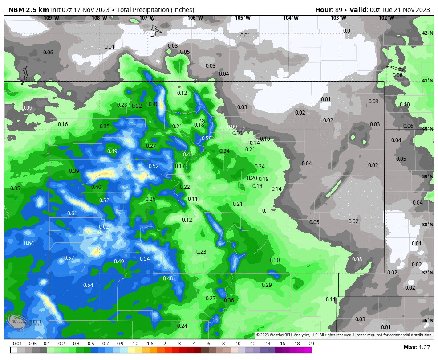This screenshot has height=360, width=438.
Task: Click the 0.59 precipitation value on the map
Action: [207, 139]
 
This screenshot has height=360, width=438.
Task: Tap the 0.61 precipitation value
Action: [72, 213]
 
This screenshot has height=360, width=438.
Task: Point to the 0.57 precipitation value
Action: [69, 258]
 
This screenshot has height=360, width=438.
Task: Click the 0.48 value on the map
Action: [168, 278]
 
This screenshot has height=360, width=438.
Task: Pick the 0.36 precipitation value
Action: [229, 300]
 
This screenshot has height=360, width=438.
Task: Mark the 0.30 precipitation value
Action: [275, 260]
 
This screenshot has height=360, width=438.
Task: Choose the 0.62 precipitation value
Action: [104, 227]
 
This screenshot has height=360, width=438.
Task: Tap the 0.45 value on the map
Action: [188, 155]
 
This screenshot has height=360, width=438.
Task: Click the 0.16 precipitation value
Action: [63, 124]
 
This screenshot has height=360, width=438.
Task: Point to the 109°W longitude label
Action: [51, 18]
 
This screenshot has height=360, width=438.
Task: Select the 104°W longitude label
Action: [291, 18]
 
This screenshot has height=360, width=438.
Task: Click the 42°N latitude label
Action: [427, 33]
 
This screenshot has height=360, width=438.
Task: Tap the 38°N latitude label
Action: [427, 225]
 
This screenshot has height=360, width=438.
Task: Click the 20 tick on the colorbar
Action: [311, 344]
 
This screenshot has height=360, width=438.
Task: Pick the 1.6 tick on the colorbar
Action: [150, 344]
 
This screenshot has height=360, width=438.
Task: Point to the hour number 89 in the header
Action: [338, 10]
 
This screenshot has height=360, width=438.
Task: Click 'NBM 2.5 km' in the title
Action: [26, 10]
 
